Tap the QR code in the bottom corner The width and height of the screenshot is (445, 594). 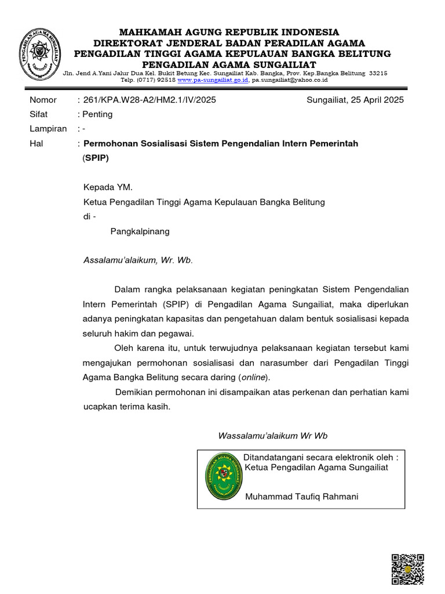click(408, 569)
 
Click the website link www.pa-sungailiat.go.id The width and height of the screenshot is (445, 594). click(213, 80)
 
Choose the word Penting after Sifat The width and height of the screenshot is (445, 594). click(98, 114)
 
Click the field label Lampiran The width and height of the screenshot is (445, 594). click(48, 129)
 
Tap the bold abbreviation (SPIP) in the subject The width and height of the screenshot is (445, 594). click(96, 158)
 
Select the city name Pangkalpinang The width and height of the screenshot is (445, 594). click(140, 231)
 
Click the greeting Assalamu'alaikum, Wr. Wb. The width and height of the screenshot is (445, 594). click(137, 260)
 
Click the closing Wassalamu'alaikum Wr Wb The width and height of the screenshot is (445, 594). click(272, 436)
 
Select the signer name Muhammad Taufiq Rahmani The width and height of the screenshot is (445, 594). click(302, 497)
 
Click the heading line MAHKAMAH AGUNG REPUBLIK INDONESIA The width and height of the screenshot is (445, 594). click(229, 32)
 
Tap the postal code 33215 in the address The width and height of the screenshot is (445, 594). click(378, 73)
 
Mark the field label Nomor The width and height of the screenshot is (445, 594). click(43, 100)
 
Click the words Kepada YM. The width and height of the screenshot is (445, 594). click(108, 187)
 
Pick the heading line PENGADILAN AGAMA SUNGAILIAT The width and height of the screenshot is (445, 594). click(229, 64)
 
